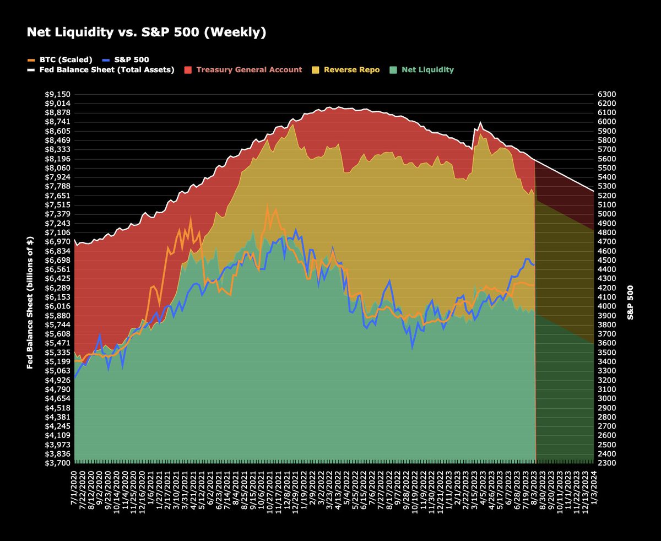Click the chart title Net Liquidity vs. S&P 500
[x=147, y=33]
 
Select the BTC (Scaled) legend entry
[x=61, y=59]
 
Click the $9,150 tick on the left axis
[x=57, y=94]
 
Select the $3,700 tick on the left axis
[x=57, y=463]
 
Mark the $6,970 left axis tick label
[x=57, y=242]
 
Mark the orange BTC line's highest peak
[x=267, y=207]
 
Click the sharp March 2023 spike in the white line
[x=481, y=122]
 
